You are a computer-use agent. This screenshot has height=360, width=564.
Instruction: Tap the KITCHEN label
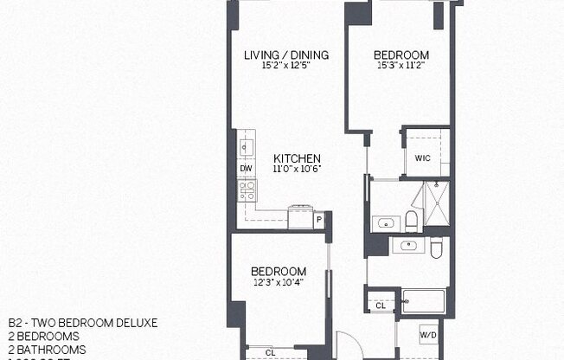coord(291,158)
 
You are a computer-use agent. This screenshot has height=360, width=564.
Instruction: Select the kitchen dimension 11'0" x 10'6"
coord(291,169)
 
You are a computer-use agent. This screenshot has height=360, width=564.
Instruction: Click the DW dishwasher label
coord(246,168)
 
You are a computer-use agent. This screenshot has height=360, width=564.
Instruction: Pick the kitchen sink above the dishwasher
coord(246,146)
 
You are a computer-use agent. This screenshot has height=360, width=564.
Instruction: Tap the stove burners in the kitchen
coord(247,189)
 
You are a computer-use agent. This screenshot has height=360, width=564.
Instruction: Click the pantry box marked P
coord(319,221)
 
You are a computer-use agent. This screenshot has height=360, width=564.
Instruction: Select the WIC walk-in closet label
coord(422,158)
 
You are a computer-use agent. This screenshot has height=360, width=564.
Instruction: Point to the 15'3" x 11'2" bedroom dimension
coord(401,66)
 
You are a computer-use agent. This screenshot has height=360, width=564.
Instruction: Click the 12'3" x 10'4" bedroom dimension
coord(278,281)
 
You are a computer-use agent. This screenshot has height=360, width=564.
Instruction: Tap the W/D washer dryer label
coord(427,334)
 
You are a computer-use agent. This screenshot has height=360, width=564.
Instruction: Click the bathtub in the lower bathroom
coord(421,303)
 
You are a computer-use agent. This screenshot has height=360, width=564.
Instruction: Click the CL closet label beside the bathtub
coord(381,305)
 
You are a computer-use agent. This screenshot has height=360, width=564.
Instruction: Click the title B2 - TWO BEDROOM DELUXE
coord(82,323)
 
